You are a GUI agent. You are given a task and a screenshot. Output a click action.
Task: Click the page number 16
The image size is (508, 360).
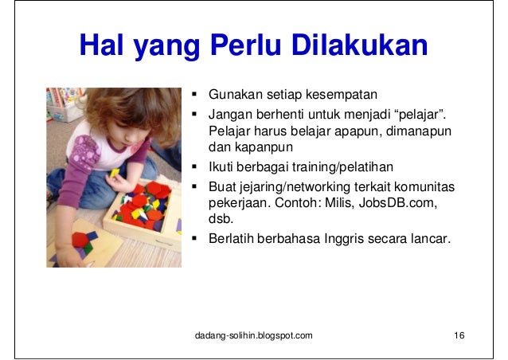coord(458,335)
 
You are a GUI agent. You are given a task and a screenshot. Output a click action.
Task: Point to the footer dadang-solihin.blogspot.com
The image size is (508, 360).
coord(254,335)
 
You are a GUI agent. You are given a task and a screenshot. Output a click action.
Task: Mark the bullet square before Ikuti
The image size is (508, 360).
coord(195,166)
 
